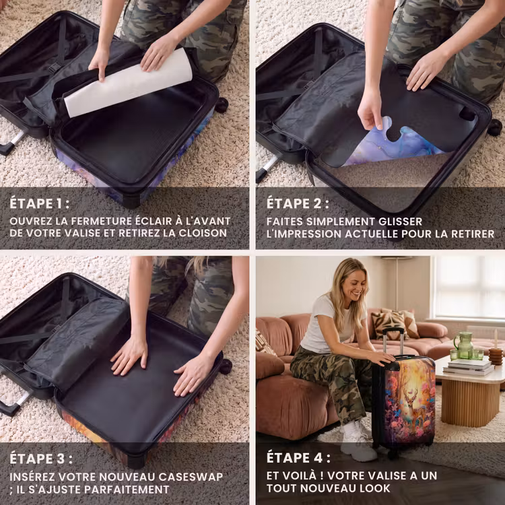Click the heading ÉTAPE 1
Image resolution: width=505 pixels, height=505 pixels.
tap(39, 203)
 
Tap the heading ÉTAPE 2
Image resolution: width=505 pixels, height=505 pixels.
tap(298, 203)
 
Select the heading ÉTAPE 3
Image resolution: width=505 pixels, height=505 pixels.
tap(41, 459)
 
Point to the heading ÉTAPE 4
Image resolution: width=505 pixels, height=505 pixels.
tap(298, 458)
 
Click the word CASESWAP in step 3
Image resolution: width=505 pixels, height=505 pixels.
tap(191, 477)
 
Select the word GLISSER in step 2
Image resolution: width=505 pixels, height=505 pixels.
tap(401, 222)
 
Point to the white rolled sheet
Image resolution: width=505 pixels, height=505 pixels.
tap(128, 83)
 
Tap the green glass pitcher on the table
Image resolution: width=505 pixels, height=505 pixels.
tap(463, 345)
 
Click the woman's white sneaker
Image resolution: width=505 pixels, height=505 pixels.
tap(358, 440)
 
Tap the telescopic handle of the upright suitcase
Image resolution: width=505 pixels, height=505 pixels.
tap(393, 343)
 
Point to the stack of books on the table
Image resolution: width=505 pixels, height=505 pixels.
tap(468, 367)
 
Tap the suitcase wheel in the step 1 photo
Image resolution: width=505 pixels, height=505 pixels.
tap(222, 105)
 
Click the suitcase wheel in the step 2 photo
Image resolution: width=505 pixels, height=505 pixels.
tap(494, 127)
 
